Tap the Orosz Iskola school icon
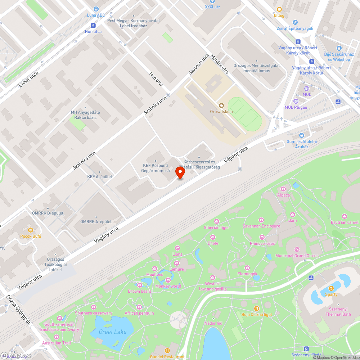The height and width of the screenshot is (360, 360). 221,105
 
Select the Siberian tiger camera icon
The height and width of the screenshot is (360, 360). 216,221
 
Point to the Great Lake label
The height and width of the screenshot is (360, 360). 113,332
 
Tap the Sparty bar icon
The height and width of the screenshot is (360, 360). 331,288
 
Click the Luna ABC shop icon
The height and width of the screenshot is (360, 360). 96,9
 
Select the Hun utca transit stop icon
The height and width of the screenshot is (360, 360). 93,26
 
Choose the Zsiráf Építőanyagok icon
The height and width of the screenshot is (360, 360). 295,22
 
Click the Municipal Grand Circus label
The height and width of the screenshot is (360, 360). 297,256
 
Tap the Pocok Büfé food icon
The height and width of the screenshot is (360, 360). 31,230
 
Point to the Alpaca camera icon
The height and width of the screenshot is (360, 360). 283,189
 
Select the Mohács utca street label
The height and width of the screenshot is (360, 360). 220,64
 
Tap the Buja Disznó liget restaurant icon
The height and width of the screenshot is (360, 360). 256,308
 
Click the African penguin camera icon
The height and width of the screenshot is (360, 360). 139,307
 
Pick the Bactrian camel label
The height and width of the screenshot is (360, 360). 345,222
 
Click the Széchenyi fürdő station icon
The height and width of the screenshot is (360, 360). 306,348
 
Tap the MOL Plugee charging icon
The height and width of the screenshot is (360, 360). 296,101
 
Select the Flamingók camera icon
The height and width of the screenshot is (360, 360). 247,267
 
